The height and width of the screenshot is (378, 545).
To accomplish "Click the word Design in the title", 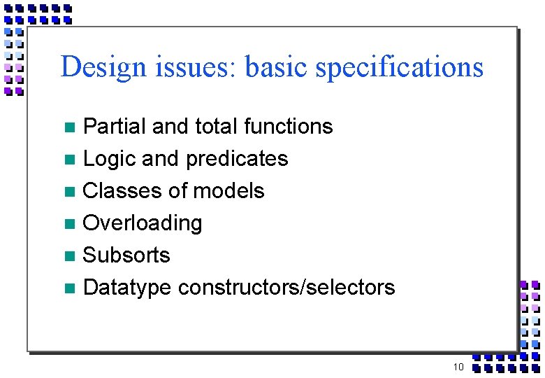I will (x=102, y=67).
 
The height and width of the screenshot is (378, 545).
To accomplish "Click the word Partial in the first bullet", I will (x=115, y=126).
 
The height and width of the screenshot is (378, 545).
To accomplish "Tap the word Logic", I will (x=109, y=159).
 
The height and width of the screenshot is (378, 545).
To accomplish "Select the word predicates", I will (x=234, y=159).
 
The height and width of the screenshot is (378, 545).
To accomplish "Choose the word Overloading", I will (x=143, y=223).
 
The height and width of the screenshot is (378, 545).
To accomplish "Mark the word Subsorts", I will (x=126, y=255).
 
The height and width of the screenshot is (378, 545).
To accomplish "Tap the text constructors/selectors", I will (x=286, y=287).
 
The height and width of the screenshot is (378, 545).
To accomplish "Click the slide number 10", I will (x=458, y=367).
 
